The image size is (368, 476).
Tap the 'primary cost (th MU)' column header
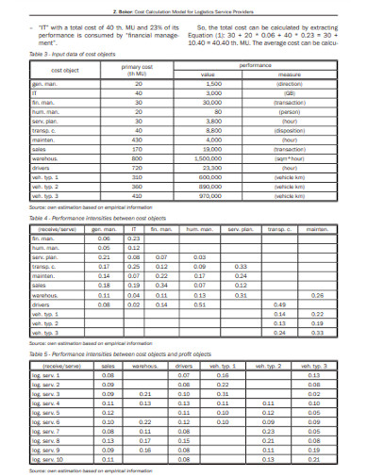[138, 70]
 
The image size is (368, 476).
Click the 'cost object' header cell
[64, 70]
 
